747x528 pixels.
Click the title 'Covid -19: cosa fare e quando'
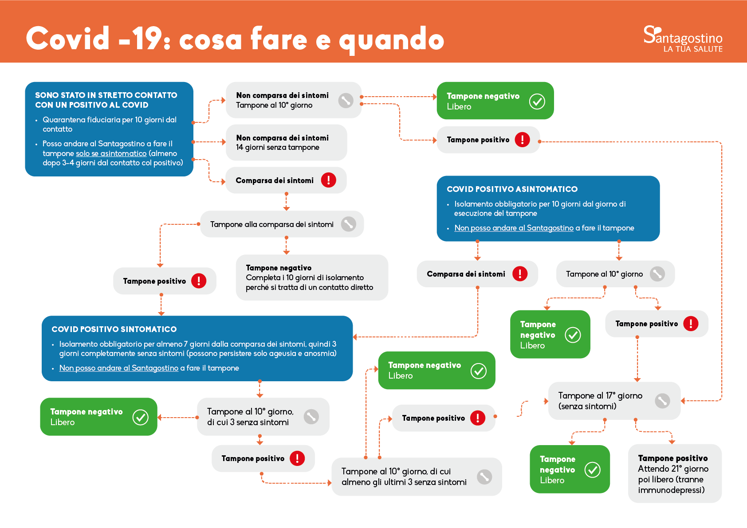(x=235, y=39)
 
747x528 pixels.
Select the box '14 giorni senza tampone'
(x=286, y=143)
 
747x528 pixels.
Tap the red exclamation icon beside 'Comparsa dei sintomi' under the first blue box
(x=328, y=180)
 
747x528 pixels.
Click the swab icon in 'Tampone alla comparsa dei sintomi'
(x=348, y=224)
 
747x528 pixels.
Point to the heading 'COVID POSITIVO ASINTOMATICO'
(x=512, y=189)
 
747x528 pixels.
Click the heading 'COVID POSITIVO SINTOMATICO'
(x=114, y=329)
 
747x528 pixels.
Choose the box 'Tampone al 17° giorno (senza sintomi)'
(x=614, y=401)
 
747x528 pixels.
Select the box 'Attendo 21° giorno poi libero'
(x=674, y=473)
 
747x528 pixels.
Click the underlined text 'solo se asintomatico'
(x=111, y=153)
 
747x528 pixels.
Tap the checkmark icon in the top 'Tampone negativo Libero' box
(x=537, y=101)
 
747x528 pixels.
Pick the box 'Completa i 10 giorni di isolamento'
(x=311, y=278)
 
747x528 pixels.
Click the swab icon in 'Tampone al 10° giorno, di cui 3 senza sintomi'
(x=311, y=417)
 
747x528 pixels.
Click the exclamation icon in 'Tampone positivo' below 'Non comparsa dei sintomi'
(x=522, y=140)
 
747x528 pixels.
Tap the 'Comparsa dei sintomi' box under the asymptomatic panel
(x=477, y=274)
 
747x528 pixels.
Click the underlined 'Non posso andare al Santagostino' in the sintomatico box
(x=119, y=368)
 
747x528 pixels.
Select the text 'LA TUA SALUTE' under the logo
(x=693, y=49)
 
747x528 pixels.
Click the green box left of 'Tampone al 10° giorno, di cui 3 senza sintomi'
(x=98, y=417)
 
